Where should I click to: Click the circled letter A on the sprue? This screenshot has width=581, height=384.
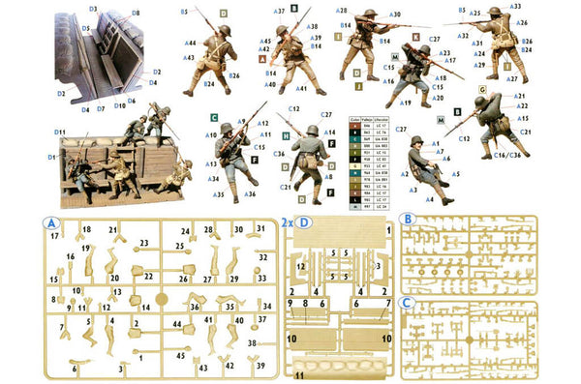[x=48, y=222]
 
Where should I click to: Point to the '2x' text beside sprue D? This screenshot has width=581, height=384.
[x=288, y=222]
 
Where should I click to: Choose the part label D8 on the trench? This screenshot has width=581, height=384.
[x=135, y=13]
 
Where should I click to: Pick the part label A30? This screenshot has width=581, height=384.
[x=394, y=15]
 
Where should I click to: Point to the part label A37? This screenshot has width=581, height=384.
[x=279, y=12]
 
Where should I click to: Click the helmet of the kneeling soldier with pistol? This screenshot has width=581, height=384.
[x=416, y=142]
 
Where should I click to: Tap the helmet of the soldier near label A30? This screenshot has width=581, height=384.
[x=369, y=14]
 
